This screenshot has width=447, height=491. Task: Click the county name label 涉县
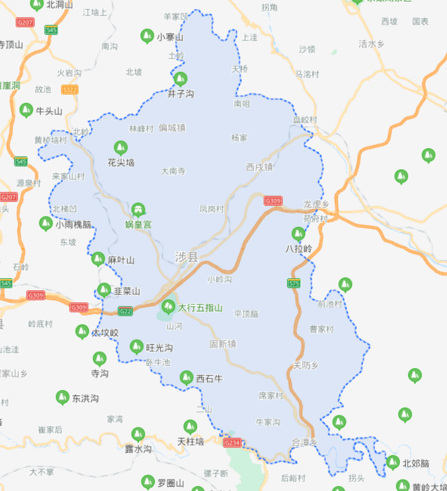[186, 257]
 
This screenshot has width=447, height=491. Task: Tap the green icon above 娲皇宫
[139, 210]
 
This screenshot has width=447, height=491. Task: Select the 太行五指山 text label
[200, 308]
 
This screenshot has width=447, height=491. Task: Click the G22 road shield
[125, 311]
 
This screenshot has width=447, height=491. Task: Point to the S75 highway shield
[294, 283]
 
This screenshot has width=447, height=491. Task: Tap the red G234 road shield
[232, 443]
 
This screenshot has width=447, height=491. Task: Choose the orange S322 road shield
[70, 89]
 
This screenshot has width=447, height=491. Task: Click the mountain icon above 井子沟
[180, 79]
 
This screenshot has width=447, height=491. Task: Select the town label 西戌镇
[260, 166]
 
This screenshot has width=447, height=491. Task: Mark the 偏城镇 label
[172, 128]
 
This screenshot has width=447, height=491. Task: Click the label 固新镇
[223, 343]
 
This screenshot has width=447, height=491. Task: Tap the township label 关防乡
[305, 365]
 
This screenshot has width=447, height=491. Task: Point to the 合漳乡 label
[304, 442]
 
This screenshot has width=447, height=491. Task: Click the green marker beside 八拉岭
[298, 233]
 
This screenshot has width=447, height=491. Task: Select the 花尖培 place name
[121, 163]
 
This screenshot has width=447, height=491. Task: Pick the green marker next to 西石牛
[186, 378]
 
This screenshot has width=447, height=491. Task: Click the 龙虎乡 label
[316, 204]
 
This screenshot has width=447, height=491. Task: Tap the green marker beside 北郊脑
[393, 463]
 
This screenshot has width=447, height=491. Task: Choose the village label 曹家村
[322, 329]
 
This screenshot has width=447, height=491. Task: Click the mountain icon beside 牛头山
[26, 110]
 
